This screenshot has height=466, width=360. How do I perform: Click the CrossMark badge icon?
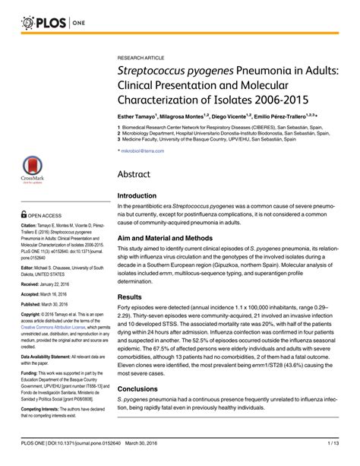pyautogui.click(x=32, y=169)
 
